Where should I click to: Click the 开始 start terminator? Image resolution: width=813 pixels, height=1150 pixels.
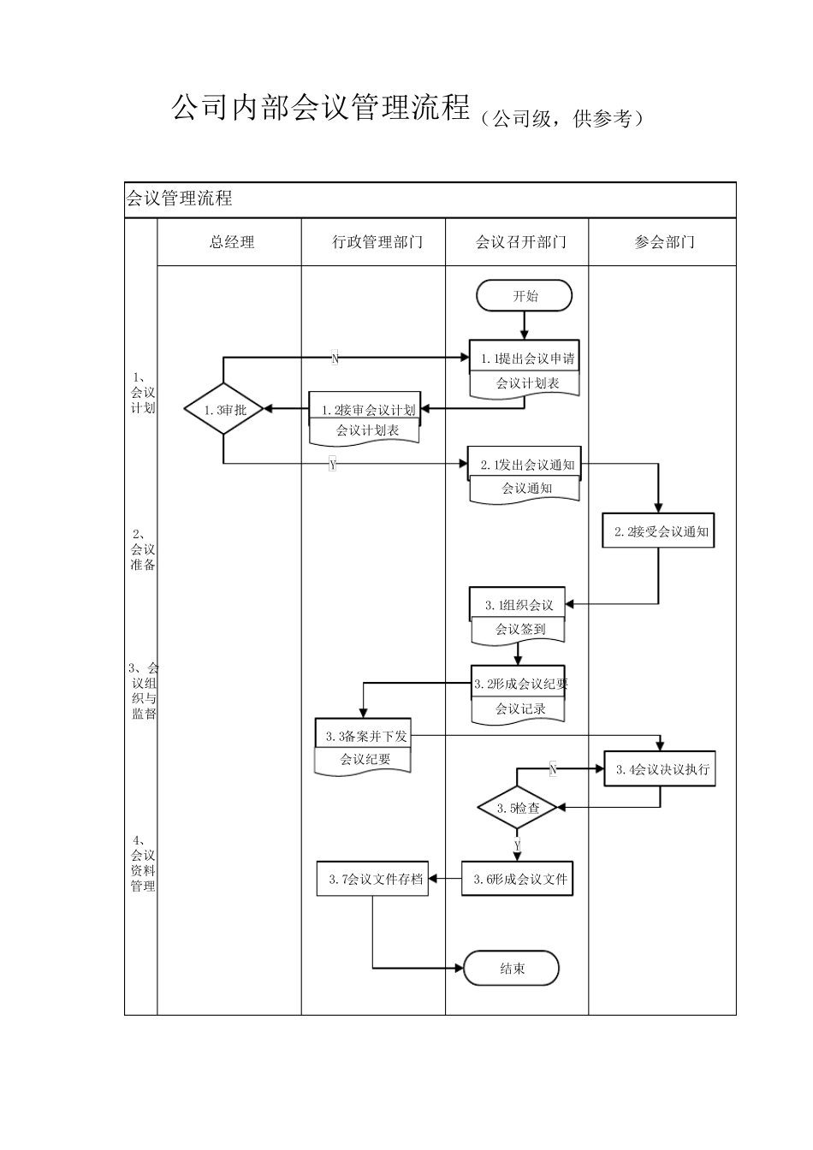525,297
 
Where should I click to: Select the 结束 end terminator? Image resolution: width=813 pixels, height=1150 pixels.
512,969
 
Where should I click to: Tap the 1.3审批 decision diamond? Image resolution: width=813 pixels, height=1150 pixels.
224,410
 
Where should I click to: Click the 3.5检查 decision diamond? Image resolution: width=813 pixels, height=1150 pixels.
518,808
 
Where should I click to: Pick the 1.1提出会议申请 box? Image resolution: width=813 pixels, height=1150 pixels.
525,359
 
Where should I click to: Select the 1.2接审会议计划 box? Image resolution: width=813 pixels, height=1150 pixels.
365,410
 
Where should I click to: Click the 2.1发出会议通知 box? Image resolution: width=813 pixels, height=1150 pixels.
525,465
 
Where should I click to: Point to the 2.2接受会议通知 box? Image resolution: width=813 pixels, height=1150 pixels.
659,531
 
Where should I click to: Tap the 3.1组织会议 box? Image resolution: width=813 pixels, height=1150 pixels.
518,605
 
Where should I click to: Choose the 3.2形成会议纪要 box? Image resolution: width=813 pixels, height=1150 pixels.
519,683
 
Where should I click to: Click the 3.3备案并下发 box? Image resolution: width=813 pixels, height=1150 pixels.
364,736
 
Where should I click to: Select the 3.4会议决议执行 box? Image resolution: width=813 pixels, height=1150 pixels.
660,768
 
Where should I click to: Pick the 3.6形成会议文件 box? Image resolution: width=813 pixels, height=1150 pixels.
518,879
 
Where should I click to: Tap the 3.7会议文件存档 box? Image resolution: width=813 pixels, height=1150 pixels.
373,879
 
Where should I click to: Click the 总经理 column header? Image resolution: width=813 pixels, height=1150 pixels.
231,242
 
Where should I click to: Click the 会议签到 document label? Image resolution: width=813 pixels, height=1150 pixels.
519,630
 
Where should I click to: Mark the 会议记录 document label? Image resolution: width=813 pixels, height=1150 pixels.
519,708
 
